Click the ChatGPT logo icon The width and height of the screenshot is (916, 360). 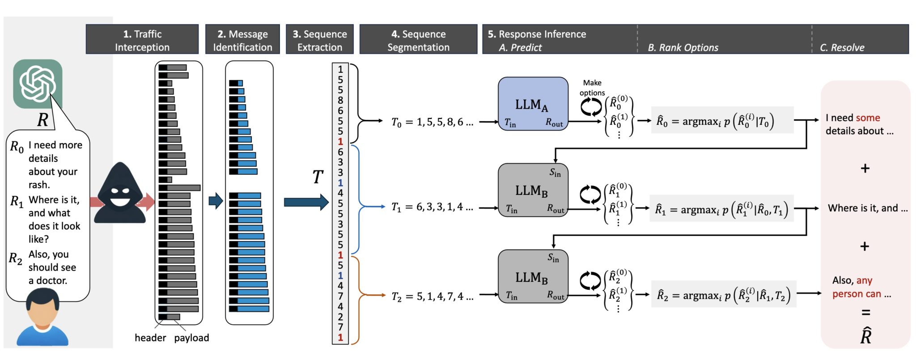tap(38, 84)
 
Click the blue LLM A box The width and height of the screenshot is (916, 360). tap(533, 104)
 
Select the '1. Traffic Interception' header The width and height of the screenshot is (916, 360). tap(142, 40)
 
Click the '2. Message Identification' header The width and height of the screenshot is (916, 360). tap(242, 40)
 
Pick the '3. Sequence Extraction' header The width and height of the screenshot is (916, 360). tap(320, 40)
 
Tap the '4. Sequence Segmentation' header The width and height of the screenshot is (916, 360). tap(418, 40)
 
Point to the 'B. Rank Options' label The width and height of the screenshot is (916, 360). tap(683, 47)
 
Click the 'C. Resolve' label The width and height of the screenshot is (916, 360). tap(842, 47)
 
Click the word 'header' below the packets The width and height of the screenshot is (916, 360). tap(150, 338)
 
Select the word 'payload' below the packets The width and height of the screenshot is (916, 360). tap(191, 338)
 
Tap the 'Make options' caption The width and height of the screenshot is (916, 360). tap(592, 88)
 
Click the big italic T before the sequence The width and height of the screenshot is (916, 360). tap(318, 177)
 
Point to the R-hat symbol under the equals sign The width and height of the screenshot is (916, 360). tap(866, 335)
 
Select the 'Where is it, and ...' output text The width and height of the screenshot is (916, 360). tap(867, 208)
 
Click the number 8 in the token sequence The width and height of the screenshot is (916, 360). tap(340, 100)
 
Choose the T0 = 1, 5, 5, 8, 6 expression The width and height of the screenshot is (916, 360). tap(432, 122)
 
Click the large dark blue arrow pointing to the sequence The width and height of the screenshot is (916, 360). tap(306, 202)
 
